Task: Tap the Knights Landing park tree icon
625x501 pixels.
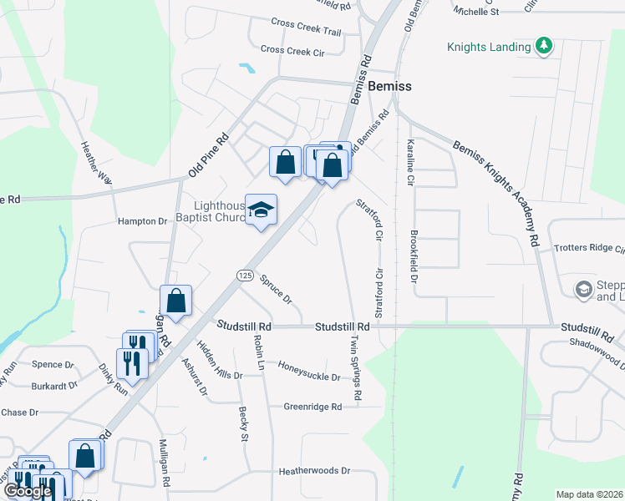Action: tap(545, 46)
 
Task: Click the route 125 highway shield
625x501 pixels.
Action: tap(244, 275)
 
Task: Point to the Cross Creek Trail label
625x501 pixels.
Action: tap(307, 32)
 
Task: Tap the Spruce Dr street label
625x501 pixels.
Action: tap(276, 288)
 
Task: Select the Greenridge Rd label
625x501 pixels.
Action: tap(313, 407)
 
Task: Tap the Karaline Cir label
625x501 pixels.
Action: tap(410, 163)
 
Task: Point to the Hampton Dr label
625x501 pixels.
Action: tap(142, 221)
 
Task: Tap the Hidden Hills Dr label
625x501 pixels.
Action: tap(219, 360)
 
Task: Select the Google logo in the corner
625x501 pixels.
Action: tap(27, 491)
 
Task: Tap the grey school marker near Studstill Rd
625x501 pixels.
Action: tap(584, 290)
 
